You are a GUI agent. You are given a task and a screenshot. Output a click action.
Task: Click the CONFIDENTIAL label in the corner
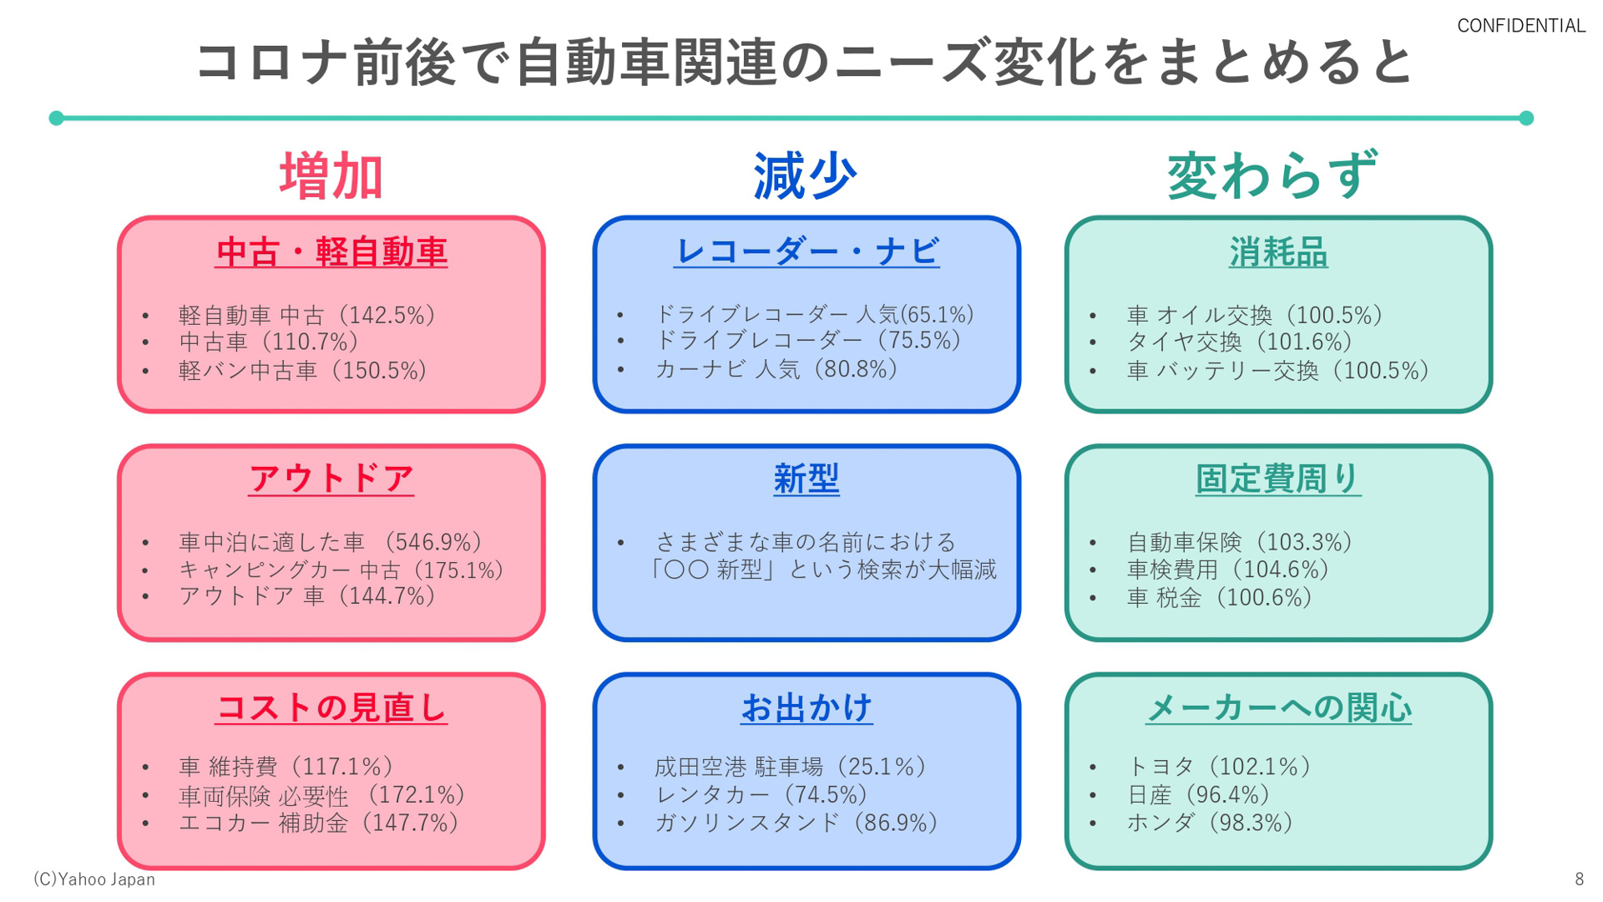[x=1520, y=26]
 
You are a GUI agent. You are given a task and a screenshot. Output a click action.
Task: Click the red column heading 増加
[x=331, y=176]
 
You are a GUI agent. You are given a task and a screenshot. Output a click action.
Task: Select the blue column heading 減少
[x=805, y=176]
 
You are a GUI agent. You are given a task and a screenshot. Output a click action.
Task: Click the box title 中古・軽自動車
[x=331, y=251]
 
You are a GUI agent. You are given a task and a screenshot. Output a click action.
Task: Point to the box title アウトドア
[x=331, y=479]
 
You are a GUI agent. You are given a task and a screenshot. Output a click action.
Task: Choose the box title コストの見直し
[x=331, y=707]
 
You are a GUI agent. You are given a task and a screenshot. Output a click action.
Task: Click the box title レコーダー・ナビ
[x=807, y=251]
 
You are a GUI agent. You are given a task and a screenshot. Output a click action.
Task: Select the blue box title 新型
[x=806, y=479]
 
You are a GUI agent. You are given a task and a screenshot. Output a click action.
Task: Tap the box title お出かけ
[x=807, y=707]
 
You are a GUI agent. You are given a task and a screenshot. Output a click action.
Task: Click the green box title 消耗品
[x=1277, y=251]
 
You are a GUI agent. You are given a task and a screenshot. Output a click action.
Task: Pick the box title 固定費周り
[x=1277, y=479]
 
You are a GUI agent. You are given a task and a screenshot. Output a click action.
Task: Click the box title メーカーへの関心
[x=1278, y=707]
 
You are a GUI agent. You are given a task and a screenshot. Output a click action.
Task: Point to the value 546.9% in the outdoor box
[x=435, y=542]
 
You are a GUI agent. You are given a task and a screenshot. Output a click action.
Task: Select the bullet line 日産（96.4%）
[x=1199, y=794]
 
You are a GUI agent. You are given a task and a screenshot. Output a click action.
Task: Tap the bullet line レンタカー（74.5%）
[x=761, y=794]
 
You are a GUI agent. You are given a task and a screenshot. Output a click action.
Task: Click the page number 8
[x=1579, y=879]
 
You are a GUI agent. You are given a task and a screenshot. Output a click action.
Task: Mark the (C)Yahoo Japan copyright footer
[x=94, y=879]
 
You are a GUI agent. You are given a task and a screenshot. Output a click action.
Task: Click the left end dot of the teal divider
[x=57, y=118]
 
